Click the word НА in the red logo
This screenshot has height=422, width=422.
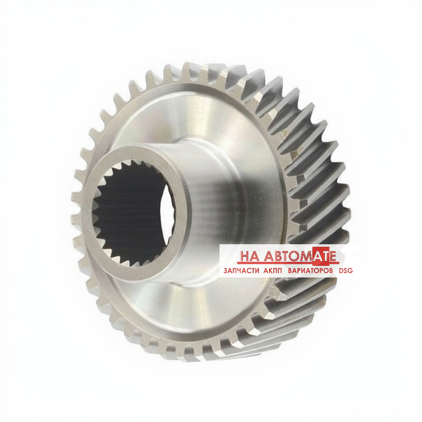(249, 256)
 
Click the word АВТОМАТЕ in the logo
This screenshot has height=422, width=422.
(300, 256)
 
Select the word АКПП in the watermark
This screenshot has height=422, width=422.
(271, 271)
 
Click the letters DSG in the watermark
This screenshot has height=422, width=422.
(346, 271)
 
